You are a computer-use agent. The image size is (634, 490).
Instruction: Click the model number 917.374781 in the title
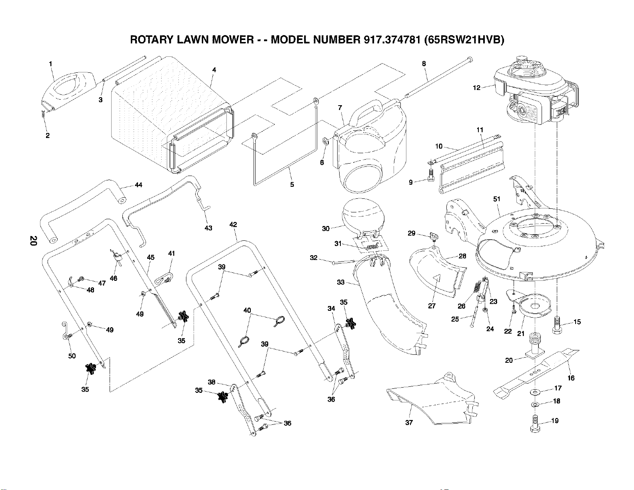click(390, 40)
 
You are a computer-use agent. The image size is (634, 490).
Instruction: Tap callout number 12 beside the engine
click(476, 88)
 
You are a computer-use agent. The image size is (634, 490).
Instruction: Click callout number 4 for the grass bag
click(214, 70)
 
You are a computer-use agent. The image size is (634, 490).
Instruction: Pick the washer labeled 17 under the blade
click(534, 392)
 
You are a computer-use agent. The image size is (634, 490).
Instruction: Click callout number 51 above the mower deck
click(496, 199)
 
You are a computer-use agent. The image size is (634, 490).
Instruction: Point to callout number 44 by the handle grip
click(138, 185)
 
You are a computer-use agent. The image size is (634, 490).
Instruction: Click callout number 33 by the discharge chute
click(340, 282)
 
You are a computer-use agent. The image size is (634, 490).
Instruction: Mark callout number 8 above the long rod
click(424, 64)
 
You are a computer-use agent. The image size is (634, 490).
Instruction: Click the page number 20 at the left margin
click(34, 241)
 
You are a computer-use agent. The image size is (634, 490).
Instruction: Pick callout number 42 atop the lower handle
click(233, 224)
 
